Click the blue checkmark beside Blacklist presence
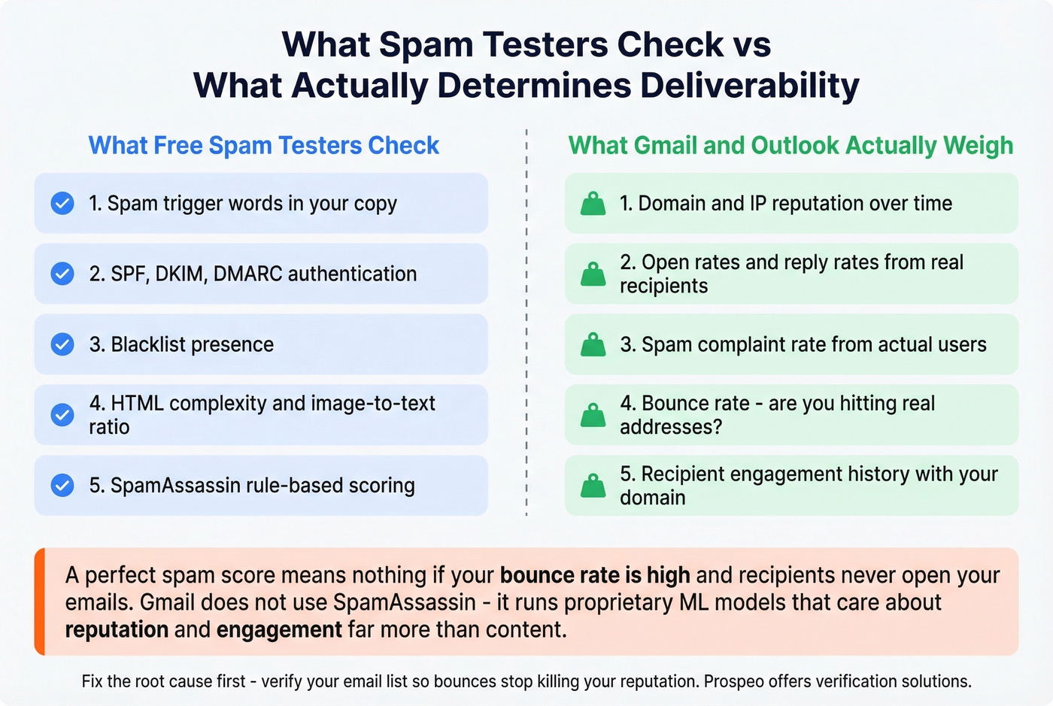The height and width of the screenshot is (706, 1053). click(62, 344)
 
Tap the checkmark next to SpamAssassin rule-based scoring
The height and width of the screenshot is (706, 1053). click(62, 486)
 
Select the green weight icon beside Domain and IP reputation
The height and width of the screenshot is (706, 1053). click(593, 204)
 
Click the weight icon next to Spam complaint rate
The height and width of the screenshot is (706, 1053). click(593, 345)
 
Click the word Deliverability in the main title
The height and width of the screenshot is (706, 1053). click(750, 85)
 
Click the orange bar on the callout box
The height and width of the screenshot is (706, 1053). click(40, 601)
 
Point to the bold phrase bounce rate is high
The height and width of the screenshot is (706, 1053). click(595, 575)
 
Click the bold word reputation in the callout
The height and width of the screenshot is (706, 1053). click(117, 629)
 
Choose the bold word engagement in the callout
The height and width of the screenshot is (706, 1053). click(279, 629)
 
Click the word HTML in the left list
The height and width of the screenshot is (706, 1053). click(137, 404)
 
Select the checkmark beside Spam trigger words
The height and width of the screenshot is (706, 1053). click(62, 203)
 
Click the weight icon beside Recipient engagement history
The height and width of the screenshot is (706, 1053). click(593, 486)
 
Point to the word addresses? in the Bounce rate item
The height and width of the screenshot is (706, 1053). click(671, 427)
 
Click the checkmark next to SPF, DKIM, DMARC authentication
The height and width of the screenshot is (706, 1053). click(62, 274)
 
